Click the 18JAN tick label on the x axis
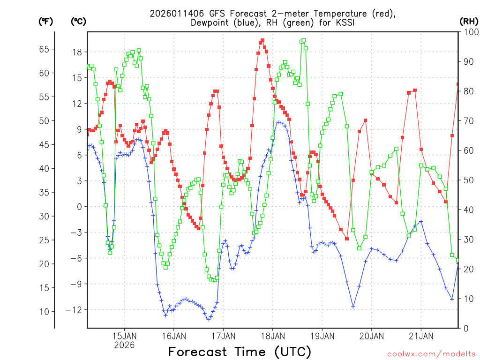click(272, 336)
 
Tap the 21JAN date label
click(420, 336)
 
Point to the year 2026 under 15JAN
click(124, 345)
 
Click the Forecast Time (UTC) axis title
click(240, 352)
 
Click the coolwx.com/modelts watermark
click(431, 353)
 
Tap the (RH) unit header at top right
click(469, 21)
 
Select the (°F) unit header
click(45, 21)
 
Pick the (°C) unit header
click(78, 21)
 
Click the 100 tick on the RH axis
click(470, 32)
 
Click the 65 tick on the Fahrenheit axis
click(44, 49)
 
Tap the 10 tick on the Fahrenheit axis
click(44, 311)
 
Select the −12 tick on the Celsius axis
click(74, 309)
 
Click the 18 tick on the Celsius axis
click(78, 52)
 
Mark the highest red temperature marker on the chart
click(262, 40)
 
